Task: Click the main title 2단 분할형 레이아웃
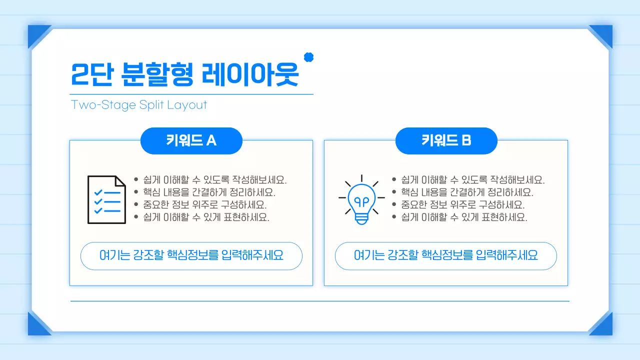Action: (185, 75)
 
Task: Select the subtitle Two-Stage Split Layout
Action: (139, 105)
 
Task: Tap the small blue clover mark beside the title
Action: (309, 57)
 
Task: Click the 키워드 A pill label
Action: (191, 141)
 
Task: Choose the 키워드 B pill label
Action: (446, 141)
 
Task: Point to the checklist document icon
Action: (106, 199)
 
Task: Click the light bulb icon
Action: (361, 199)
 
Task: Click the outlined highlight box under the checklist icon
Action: (191, 256)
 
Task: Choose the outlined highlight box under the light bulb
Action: (446, 256)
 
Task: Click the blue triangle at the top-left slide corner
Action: (37, 34)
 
